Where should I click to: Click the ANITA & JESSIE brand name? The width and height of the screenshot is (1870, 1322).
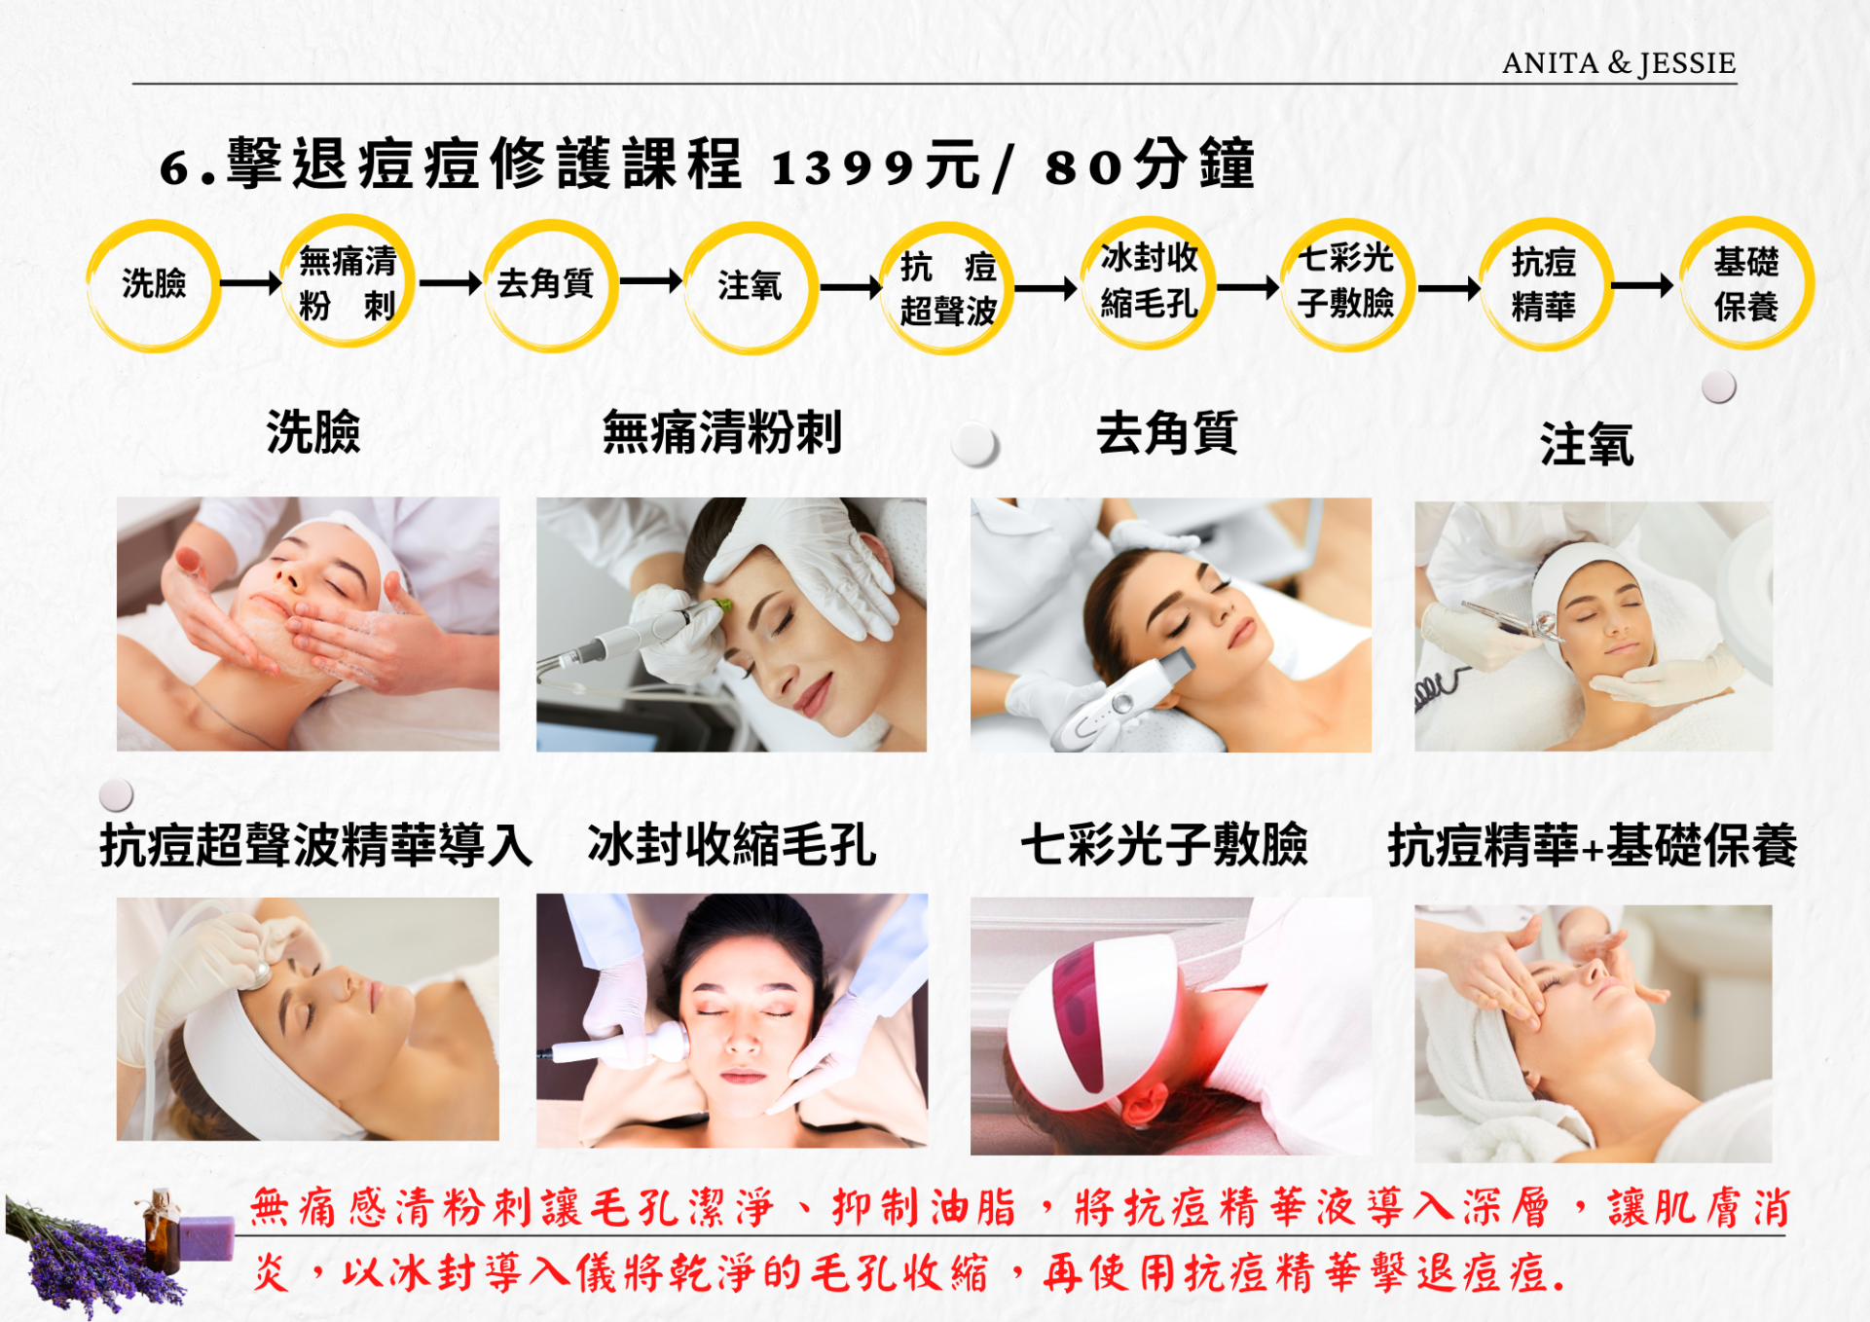pyautogui.click(x=1619, y=63)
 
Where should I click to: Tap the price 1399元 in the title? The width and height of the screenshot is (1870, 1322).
pyautogui.click(x=875, y=165)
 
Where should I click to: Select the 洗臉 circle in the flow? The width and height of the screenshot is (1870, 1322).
pyautogui.click(x=153, y=285)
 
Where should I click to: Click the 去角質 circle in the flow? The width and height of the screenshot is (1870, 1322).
pyautogui.click(x=550, y=285)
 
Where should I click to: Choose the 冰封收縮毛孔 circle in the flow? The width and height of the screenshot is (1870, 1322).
pyautogui.click(x=1149, y=282)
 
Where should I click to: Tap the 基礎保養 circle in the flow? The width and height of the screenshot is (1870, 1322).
pyautogui.click(x=1747, y=283)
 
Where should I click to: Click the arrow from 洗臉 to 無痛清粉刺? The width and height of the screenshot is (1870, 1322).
pyautogui.click(x=251, y=283)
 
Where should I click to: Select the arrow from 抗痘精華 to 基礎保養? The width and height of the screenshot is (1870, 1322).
pyautogui.click(x=1642, y=285)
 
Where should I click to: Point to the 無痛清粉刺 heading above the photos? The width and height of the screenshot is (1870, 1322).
pyautogui.click(x=722, y=432)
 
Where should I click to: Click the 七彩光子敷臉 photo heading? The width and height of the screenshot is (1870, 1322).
pyautogui.click(x=1164, y=844)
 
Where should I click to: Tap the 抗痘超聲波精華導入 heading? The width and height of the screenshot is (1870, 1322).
pyautogui.click(x=316, y=844)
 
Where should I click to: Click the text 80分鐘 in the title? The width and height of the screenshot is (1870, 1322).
pyautogui.click(x=1150, y=165)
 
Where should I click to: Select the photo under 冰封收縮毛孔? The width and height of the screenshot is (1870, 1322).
pyautogui.click(x=732, y=1020)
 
